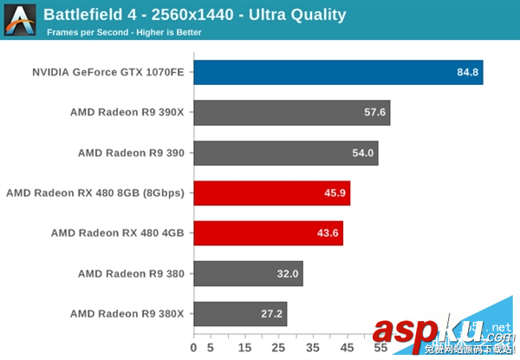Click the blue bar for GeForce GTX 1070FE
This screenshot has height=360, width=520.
click(x=338, y=72)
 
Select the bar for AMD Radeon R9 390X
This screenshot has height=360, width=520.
click(x=291, y=113)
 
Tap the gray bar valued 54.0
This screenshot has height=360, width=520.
click(x=285, y=153)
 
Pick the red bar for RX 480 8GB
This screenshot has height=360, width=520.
click(x=271, y=193)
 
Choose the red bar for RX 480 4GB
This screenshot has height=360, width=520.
click(x=268, y=233)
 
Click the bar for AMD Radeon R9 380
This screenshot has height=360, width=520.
click(x=248, y=273)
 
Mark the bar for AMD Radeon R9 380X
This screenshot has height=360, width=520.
click(x=240, y=313)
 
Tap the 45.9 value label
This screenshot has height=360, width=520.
click(x=335, y=193)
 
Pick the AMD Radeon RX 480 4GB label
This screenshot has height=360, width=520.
click(x=118, y=233)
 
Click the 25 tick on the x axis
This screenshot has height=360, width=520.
click(x=279, y=349)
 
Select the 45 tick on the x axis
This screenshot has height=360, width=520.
click(x=347, y=349)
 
